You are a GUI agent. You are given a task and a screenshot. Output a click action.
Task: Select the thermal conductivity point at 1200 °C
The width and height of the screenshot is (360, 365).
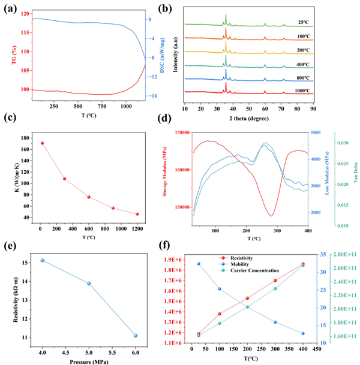pos(137,214)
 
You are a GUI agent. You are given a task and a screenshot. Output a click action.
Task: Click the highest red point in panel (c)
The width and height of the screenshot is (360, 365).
pos(42,143)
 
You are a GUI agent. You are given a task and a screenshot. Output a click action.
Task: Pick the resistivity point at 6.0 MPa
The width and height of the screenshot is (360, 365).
pos(136,336)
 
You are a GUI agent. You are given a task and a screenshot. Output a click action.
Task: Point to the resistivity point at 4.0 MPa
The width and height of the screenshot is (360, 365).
pos(42,260)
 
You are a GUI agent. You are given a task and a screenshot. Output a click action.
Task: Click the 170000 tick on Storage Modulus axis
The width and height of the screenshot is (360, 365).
pos(179,132)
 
